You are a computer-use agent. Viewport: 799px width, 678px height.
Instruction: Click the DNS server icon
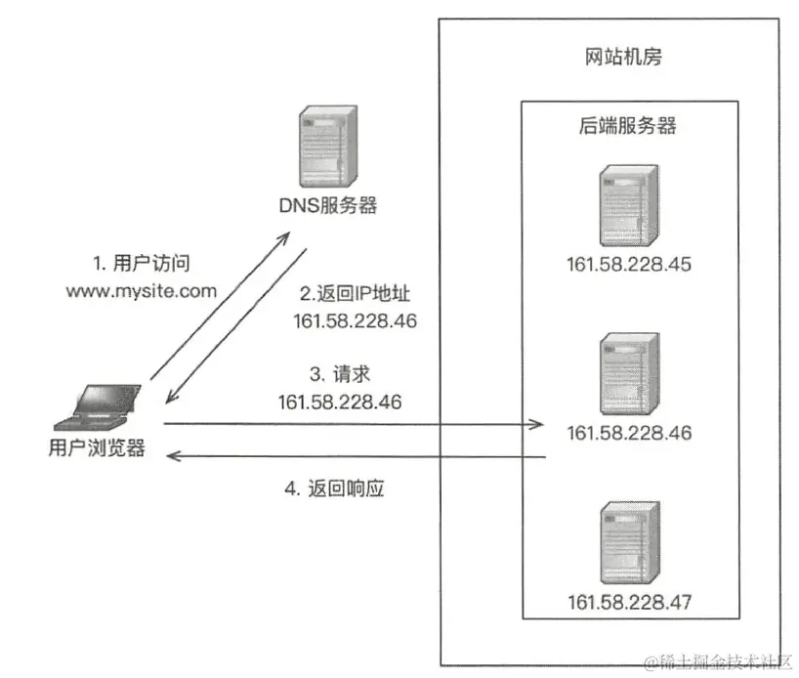pos(324,152)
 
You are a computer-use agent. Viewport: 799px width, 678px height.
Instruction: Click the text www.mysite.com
pos(141,290)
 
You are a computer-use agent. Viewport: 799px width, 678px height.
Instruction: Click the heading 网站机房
pos(617,57)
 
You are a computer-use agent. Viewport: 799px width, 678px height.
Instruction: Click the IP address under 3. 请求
pos(341,402)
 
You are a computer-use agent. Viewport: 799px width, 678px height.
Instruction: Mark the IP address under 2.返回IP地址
pos(356,320)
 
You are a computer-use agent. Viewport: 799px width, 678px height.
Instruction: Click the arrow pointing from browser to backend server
pos(352,424)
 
